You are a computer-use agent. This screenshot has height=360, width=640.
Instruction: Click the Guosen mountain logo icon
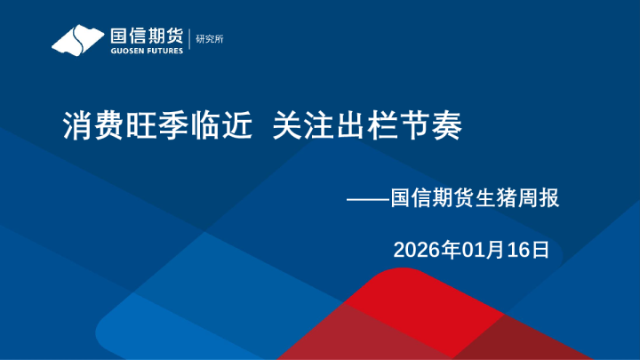(77, 39)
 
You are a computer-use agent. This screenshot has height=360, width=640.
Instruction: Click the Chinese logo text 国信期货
(145, 35)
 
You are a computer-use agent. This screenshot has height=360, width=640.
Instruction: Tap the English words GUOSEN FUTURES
(146, 51)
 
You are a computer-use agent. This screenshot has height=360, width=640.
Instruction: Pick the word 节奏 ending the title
(433, 126)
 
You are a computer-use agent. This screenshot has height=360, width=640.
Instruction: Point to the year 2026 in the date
(415, 250)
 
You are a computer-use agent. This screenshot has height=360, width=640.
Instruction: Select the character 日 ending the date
(540, 250)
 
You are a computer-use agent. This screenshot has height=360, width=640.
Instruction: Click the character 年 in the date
(448, 250)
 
